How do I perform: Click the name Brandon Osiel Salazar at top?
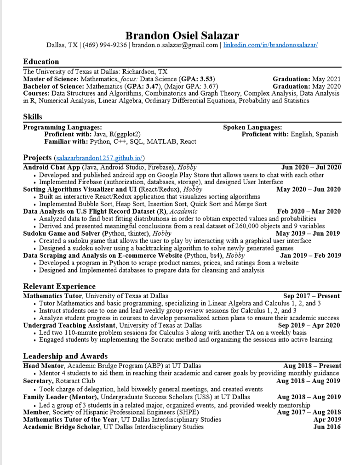182,35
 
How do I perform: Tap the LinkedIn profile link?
271,45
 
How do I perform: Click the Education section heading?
41,62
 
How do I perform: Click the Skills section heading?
33,117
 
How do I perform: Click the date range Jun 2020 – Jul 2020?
311,167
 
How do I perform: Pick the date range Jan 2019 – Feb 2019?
310,255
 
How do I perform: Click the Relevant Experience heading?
59,287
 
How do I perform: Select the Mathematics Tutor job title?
53,296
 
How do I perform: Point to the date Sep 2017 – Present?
311,296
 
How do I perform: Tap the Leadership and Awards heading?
65,356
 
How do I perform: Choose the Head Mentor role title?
44,366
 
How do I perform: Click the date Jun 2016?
327,427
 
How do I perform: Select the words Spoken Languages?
252,127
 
